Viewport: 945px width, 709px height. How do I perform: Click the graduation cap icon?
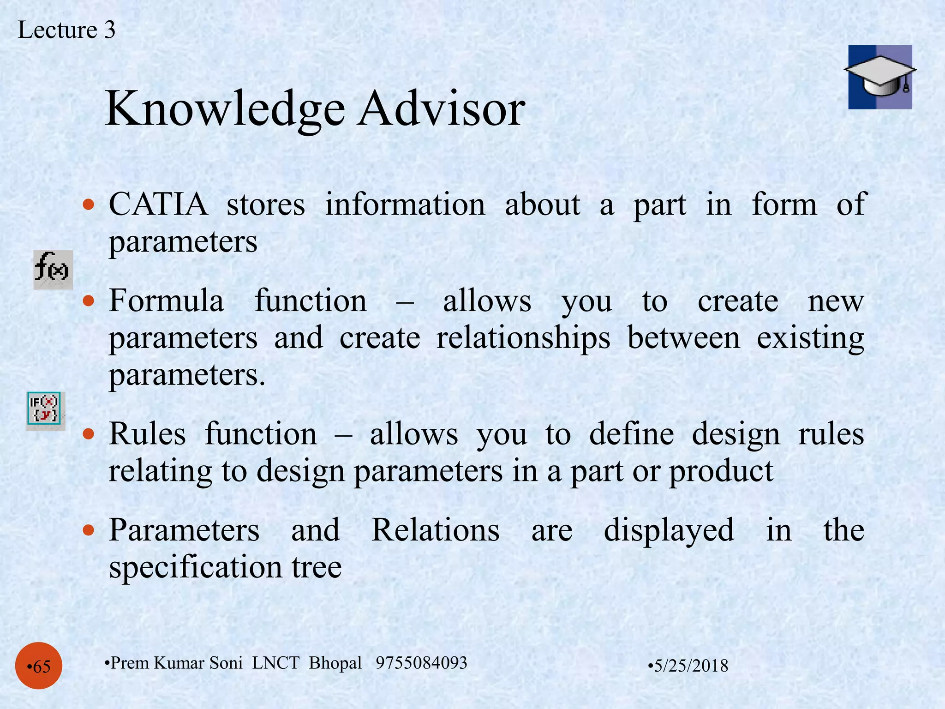880,77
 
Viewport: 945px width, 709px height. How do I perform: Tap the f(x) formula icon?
53,270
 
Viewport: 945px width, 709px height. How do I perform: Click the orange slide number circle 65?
39,666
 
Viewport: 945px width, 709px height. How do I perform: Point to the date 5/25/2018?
690,666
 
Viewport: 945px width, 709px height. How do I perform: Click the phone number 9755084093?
421,663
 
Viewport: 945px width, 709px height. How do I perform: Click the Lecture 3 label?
66,30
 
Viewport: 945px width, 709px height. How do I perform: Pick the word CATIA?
158,204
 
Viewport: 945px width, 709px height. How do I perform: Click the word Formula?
167,301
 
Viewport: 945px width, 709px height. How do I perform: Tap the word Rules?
147,434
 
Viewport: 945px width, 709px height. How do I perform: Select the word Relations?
435,530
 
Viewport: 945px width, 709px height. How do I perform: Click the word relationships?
523,338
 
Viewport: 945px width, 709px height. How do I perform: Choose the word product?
721,472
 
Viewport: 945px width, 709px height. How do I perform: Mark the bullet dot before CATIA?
88,204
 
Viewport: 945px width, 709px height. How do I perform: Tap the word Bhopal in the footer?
335,663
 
